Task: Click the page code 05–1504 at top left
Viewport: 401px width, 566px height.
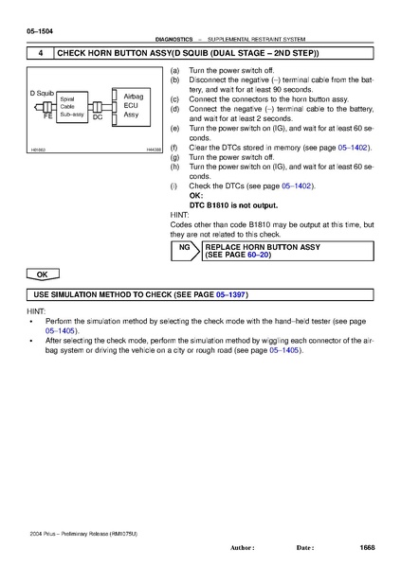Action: point(40,31)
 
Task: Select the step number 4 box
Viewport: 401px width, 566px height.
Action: point(41,53)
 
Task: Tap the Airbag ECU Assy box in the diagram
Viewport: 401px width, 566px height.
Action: point(131,107)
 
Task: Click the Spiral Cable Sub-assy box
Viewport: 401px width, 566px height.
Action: point(72,107)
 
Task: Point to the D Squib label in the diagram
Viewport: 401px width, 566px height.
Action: point(42,93)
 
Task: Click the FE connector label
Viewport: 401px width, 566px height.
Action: point(47,116)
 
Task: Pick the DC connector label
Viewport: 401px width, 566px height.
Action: point(98,117)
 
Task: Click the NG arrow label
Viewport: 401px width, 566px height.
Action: point(185,247)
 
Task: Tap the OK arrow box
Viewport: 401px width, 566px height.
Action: point(43,274)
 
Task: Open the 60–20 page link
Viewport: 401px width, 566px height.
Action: point(258,255)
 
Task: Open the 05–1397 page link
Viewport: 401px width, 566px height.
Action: point(230,294)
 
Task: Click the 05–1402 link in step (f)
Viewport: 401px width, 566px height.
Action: point(353,148)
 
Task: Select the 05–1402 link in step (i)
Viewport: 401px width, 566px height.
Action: point(297,186)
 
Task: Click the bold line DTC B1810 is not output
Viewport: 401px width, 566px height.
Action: point(233,205)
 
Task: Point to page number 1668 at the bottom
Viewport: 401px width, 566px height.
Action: point(367,548)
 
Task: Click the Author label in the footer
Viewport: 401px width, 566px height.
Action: point(243,548)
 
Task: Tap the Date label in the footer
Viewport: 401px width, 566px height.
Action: point(305,548)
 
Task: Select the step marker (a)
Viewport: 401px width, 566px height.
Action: point(174,70)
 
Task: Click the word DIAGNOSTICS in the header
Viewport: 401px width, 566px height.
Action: point(173,39)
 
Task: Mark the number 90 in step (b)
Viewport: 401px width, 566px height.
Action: point(278,90)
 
